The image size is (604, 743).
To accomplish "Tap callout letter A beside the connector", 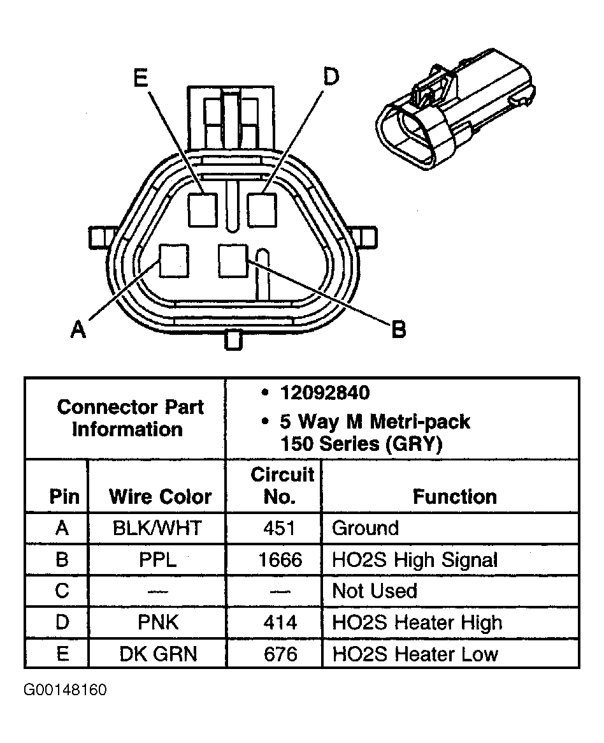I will (78, 330).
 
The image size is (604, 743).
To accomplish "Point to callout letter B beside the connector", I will (398, 330).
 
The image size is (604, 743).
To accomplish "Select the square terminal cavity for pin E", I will (203, 209).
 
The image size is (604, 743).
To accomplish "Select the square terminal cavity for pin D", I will (262, 209).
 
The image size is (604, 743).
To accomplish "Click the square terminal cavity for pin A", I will (173, 261).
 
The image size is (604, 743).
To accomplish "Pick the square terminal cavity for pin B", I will (233, 260).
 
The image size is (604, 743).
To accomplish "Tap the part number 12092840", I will (324, 393).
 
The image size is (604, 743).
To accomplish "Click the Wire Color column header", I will (160, 497).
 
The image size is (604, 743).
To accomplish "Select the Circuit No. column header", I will (281, 485).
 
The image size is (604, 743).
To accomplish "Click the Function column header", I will (454, 497).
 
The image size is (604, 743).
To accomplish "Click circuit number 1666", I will (280, 560).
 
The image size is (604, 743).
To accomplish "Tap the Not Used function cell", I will (375, 591).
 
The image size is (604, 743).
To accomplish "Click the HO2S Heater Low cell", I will (415, 654).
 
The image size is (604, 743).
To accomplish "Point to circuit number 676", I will (280, 654).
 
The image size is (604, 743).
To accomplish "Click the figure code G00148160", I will (66, 690).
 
